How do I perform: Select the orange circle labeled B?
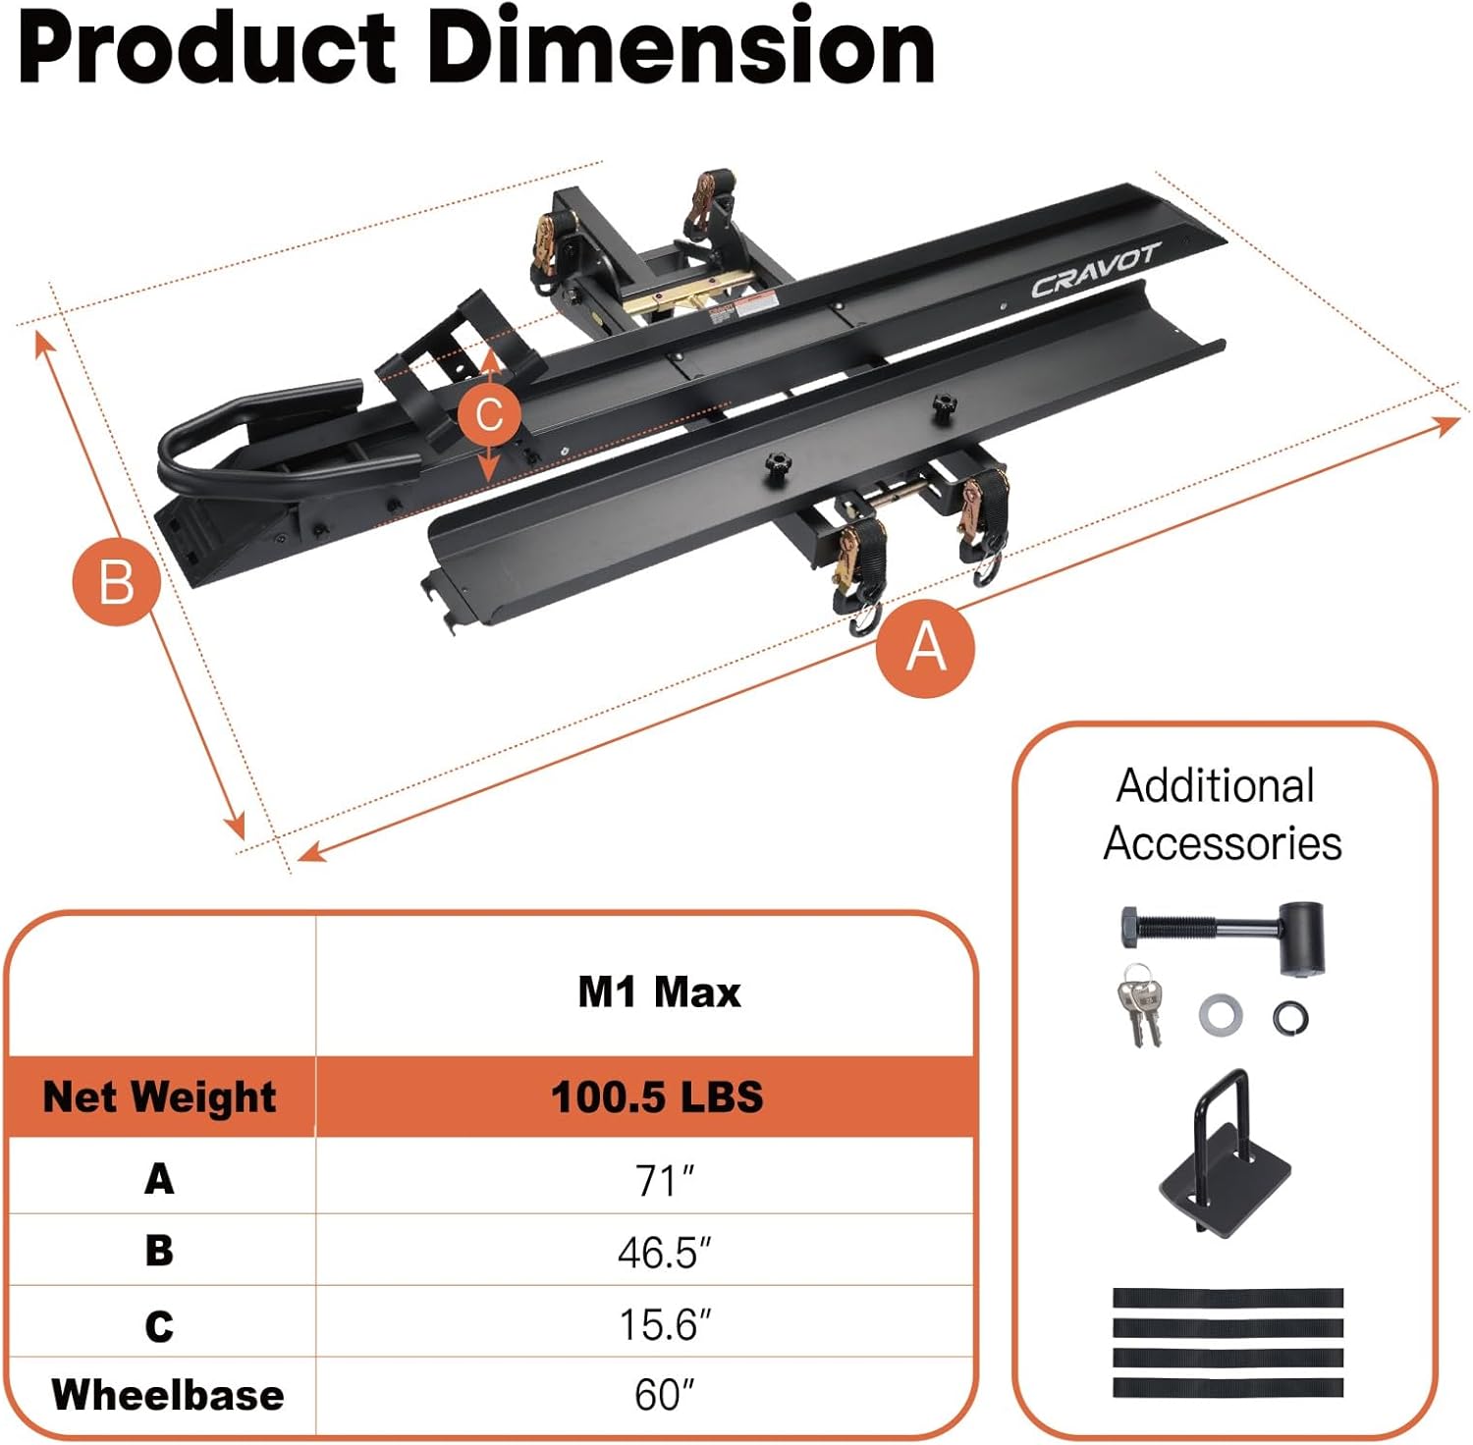pyautogui.click(x=116, y=582)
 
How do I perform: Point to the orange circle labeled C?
pyautogui.click(x=488, y=414)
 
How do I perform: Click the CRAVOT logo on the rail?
pyautogui.click(x=1094, y=272)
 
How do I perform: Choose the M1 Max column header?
pyautogui.click(x=658, y=991)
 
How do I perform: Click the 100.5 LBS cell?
pyautogui.click(x=656, y=1097)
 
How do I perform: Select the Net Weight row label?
pyautogui.click(x=159, y=1097)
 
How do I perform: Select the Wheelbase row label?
pyautogui.click(x=167, y=1395)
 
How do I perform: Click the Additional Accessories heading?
pyautogui.click(x=1221, y=815)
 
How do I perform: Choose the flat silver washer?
pyautogui.click(x=1220, y=1014)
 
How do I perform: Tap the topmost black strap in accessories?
pyautogui.click(x=1227, y=1298)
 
